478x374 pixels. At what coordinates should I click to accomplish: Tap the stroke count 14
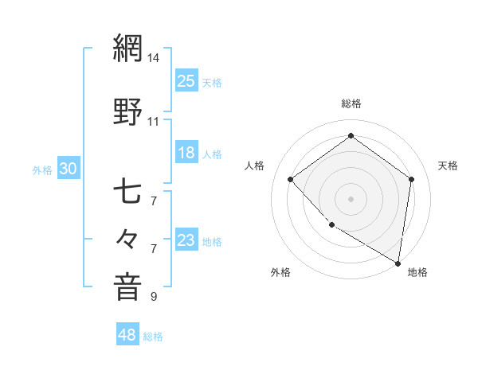coord(154,57)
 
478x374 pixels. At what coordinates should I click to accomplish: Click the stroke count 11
coord(154,121)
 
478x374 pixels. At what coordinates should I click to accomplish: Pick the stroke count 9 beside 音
coord(154,297)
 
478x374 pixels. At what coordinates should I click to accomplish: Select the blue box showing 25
coord(186,80)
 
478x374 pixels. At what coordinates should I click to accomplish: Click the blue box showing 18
coord(186,153)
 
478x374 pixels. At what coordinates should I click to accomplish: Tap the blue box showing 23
coord(186,240)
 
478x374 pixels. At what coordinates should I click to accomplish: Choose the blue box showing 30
coord(69,168)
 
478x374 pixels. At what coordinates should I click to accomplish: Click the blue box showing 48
coord(128,335)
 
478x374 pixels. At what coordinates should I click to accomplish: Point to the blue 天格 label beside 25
coord(212,82)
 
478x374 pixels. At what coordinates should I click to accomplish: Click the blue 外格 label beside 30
coord(42,169)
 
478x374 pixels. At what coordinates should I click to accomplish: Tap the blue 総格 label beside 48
coord(153,337)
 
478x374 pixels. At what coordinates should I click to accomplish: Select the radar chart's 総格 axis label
coord(351,103)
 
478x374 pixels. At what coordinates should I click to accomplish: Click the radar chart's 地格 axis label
coord(417,272)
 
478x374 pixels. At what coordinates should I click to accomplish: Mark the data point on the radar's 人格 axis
coord(291,180)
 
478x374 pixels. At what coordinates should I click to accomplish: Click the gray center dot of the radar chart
coord(351,198)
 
